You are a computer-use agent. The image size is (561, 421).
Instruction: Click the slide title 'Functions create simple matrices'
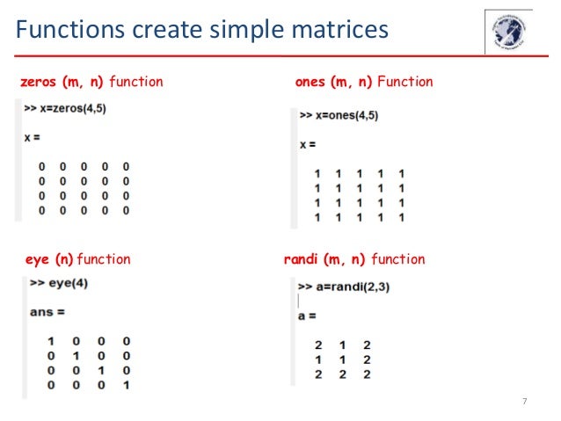click(201, 31)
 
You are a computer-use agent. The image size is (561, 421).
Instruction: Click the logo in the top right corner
click(508, 33)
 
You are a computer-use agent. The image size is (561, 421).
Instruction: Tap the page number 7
click(525, 402)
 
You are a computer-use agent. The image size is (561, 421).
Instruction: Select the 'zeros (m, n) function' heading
click(91, 82)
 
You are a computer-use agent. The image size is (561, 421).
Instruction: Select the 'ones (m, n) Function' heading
click(364, 82)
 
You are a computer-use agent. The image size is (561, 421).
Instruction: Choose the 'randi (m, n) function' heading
click(354, 259)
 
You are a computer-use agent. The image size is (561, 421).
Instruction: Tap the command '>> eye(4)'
click(59, 284)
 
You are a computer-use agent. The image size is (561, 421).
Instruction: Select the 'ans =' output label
click(47, 312)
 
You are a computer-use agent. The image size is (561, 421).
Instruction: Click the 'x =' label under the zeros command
click(32, 138)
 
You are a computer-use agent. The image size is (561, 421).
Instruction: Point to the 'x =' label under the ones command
click(308, 143)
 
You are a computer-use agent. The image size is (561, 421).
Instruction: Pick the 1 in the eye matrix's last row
click(127, 385)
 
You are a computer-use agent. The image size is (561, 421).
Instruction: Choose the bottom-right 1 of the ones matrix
click(401, 216)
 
